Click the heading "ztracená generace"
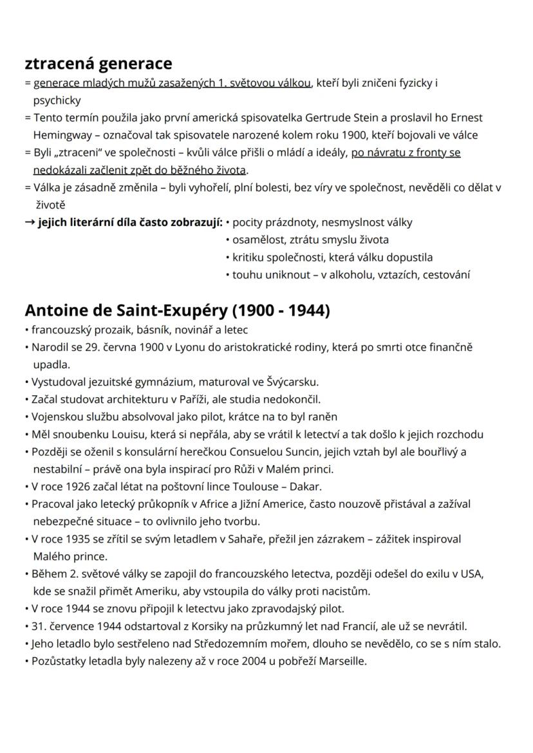point(98,64)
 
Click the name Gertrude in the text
point(318,118)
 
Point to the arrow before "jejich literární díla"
point(30,223)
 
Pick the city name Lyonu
point(189,347)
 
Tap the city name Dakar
point(305,486)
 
